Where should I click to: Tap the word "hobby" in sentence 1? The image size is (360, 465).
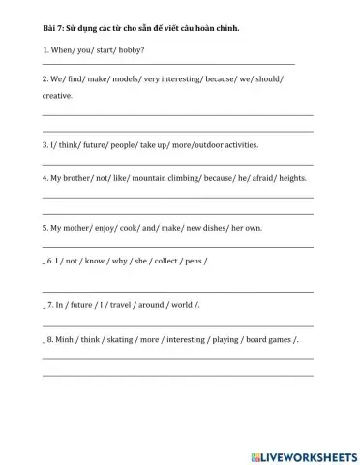pos(131,49)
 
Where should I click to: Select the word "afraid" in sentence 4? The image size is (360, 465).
pos(250,179)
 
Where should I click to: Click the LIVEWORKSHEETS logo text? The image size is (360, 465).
pos(309,454)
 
